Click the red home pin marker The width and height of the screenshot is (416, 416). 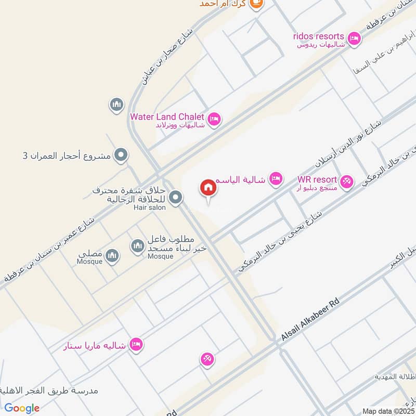[x=209, y=188]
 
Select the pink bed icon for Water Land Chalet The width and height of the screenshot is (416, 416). [x=214, y=120]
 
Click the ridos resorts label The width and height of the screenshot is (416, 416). [x=318, y=36]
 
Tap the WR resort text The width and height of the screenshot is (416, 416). [x=317, y=179]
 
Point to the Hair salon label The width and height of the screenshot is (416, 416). [x=149, y=207]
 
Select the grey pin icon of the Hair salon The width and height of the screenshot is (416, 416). [x=176, y=197]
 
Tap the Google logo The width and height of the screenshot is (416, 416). [x=22, y=408]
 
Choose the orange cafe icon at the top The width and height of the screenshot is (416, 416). [x=256, y=4]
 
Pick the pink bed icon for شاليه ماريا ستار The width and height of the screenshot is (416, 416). [x=136, y=344]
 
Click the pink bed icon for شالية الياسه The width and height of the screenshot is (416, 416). [x=276, y=179]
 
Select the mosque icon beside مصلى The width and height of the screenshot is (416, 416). [x=112, y=255]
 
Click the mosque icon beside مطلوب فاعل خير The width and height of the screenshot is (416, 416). [x=137, y=245]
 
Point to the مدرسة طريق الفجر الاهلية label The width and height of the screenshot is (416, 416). [x=49, y=391]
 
